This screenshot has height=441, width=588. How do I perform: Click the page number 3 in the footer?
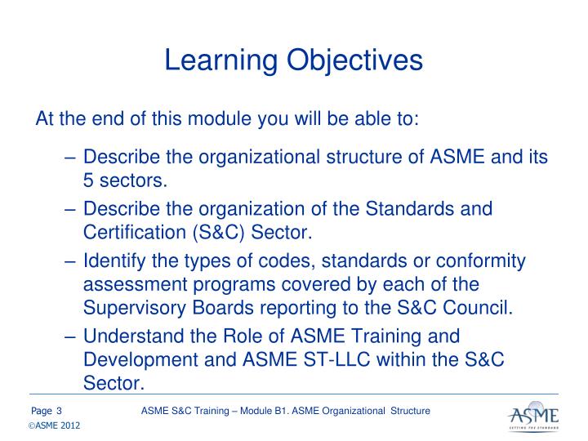(60, 409)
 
